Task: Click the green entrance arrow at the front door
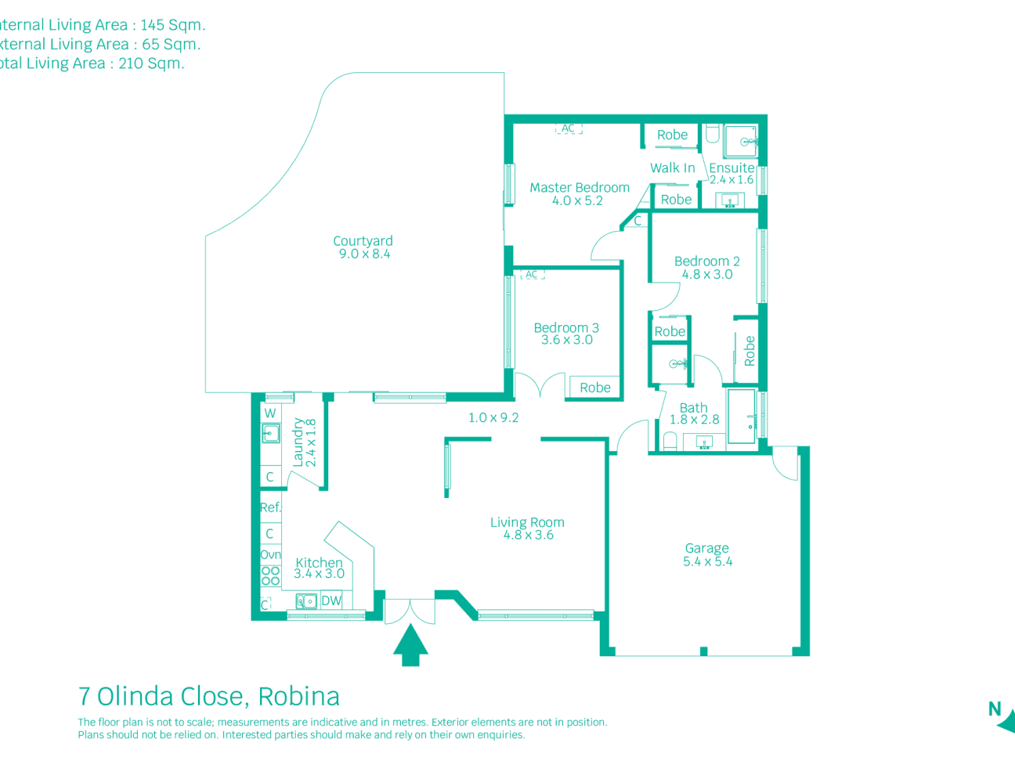(x=410, y=646)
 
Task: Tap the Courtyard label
(x=363, y=241)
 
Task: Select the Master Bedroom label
(x=580, y=188)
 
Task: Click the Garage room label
(x=706, y=549)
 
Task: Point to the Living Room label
(x=527, y=522)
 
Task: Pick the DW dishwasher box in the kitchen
(x=331, y=601)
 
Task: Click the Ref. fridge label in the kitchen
(x=270, y=507)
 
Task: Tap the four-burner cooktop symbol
(x=270, y=575)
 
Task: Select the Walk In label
(x=672, y=168)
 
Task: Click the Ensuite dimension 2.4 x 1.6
(x=731, y=179)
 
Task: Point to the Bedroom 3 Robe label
(x=595, y=388)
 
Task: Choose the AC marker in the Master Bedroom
(x=569, y=128)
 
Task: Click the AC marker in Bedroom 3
(x=532, y=275)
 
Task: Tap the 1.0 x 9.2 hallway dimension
(x=493, y=417)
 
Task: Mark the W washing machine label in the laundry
(x=270, y=413)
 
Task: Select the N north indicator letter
(x=995, y=709)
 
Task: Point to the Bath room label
(x=693, y=408)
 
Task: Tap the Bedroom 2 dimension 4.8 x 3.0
(x=707, y=274)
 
